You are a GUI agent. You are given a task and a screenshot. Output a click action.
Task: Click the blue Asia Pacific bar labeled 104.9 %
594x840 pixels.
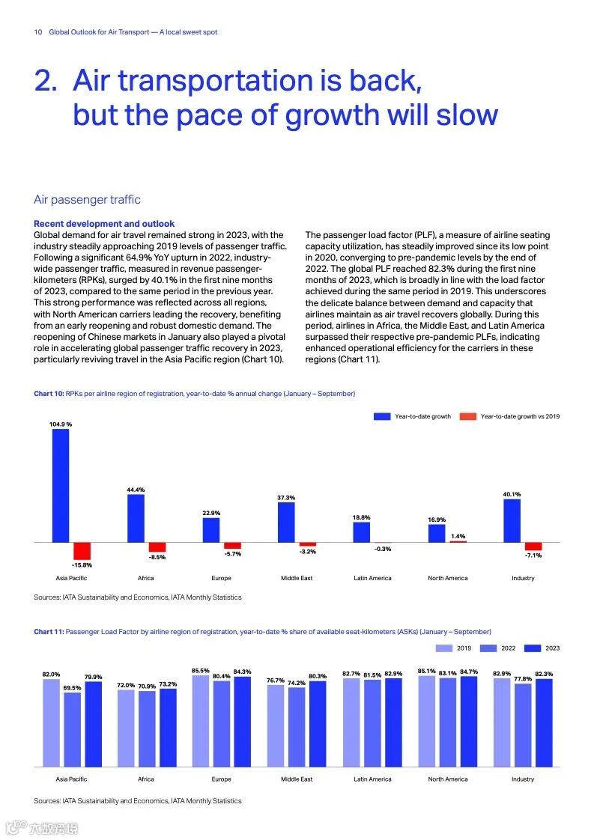[x=61, y=485]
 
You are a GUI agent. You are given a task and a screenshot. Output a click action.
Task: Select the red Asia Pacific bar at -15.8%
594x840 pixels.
[x=82, y=550]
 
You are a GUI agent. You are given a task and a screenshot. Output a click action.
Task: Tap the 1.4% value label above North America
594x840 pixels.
[x=458, y=536]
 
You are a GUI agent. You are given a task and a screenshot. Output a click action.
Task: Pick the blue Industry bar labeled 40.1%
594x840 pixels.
[x=512, y=520]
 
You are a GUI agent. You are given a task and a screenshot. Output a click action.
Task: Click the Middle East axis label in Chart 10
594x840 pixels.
[x=297, y=578]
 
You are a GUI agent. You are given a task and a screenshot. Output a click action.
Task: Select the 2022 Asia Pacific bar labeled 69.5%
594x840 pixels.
[x=72, y=729]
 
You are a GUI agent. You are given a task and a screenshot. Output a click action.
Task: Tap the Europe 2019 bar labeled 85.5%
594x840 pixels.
[x=201, y=721]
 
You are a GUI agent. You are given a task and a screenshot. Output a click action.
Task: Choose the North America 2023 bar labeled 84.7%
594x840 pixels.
[x=469, y=722]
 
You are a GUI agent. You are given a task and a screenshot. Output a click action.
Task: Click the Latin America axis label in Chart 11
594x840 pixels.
[x=372, y=779]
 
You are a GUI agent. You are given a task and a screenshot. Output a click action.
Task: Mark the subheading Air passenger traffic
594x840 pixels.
[x=87, y=200]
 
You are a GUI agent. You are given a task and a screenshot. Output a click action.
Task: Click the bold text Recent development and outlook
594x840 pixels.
[x=104, y=224]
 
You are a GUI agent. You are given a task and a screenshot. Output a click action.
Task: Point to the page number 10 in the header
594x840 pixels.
[x=37, y=32]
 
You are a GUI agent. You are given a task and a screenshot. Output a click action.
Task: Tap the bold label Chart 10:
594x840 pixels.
[x=49, y=394]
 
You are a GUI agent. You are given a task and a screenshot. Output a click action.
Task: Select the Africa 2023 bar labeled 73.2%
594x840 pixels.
[x=168, y=728]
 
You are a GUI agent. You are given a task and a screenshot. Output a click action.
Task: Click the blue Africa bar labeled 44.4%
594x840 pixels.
[x=136, y=518]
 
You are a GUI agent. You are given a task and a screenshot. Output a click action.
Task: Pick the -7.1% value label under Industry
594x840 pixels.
[x=533, y=556]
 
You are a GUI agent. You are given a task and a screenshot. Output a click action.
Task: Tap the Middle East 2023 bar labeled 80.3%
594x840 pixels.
[x=318, y=724]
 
